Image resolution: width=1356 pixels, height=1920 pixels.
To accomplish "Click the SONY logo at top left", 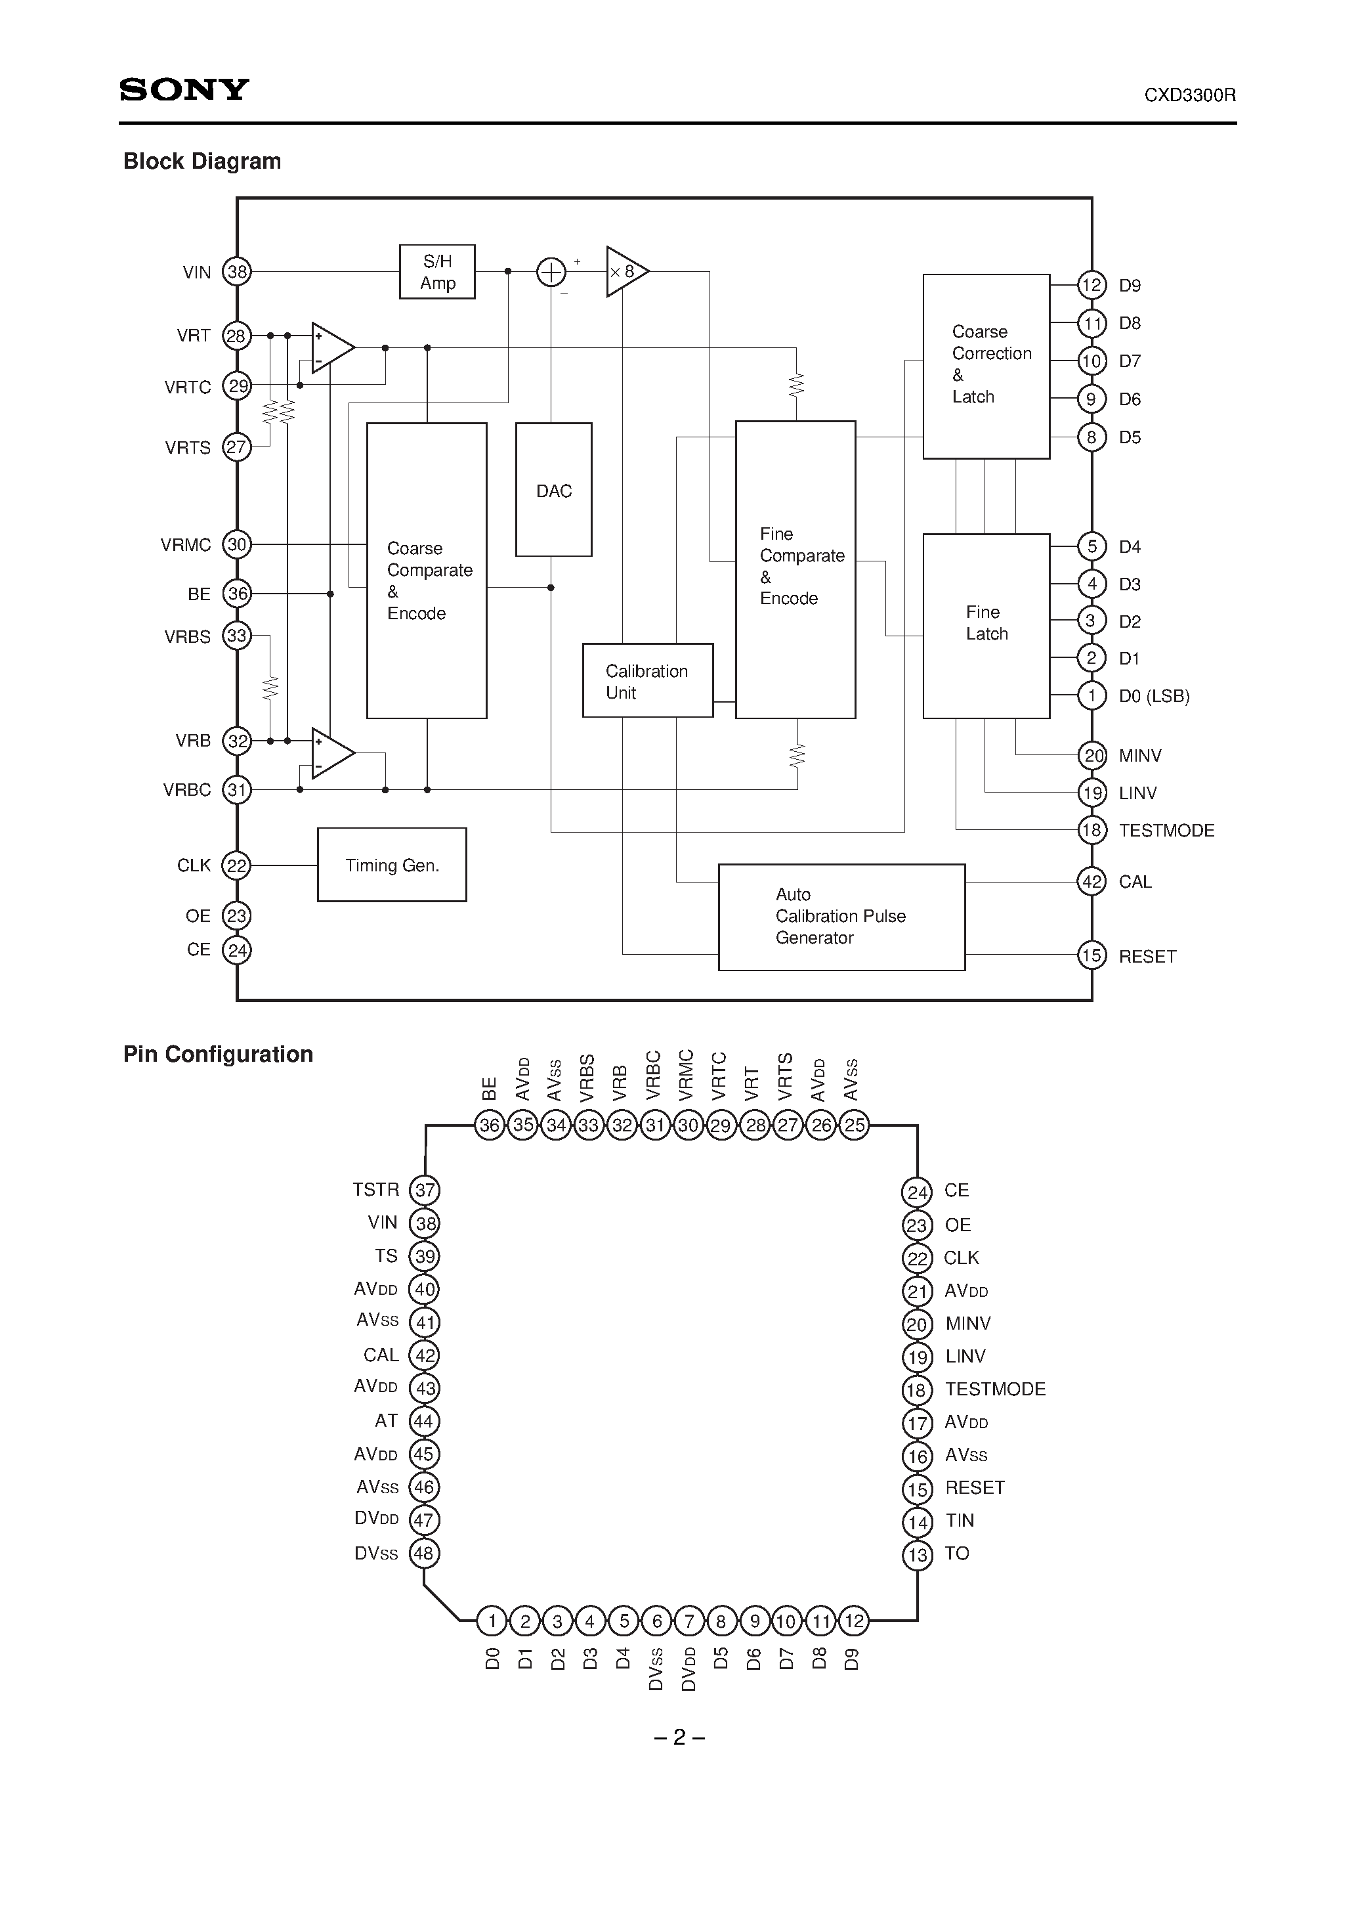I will coord(184,89).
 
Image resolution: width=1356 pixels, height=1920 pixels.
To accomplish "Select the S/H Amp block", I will coord(437,272).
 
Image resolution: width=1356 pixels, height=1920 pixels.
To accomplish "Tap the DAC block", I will coord(553,490).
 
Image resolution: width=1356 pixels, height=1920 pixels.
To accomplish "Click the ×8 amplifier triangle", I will coord(624,271).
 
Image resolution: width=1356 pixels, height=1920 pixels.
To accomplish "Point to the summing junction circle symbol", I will coord(550,272).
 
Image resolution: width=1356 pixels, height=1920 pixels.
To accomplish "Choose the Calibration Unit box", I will coord(647,681).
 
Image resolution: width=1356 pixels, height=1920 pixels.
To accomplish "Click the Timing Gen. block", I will coord(391,865).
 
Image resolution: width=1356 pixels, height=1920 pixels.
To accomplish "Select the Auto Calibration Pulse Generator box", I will coord(841,917).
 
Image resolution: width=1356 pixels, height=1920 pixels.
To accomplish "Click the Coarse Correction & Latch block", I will coord(986,366).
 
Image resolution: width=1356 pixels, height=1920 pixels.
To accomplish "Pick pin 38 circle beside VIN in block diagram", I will coord(238,272).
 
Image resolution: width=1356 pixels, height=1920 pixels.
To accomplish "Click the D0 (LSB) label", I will coord(1154,696).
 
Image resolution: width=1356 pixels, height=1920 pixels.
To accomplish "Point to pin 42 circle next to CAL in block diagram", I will coord(1091,881).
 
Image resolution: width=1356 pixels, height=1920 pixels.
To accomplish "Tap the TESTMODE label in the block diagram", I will coord(1166,831).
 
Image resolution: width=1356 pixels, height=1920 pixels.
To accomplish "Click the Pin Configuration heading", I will coord(218,1054).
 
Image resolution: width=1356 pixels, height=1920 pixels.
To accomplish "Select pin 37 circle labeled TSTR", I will coord(425,1190).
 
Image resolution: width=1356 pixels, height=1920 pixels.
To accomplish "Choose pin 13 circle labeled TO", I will coord(917,1554).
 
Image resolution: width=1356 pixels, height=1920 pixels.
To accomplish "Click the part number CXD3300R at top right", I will coord(1190,95).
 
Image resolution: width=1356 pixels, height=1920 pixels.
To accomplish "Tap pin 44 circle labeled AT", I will coord(424,1421).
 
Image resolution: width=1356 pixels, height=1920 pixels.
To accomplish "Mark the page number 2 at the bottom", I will coord(679,1737).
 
